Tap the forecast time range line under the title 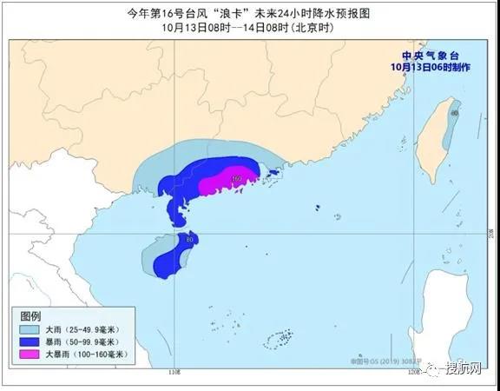coord(249,27)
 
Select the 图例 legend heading coord(31,315)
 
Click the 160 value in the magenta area coord(236,179)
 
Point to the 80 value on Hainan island coord(190,239)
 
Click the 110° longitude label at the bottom coord(174,372)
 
